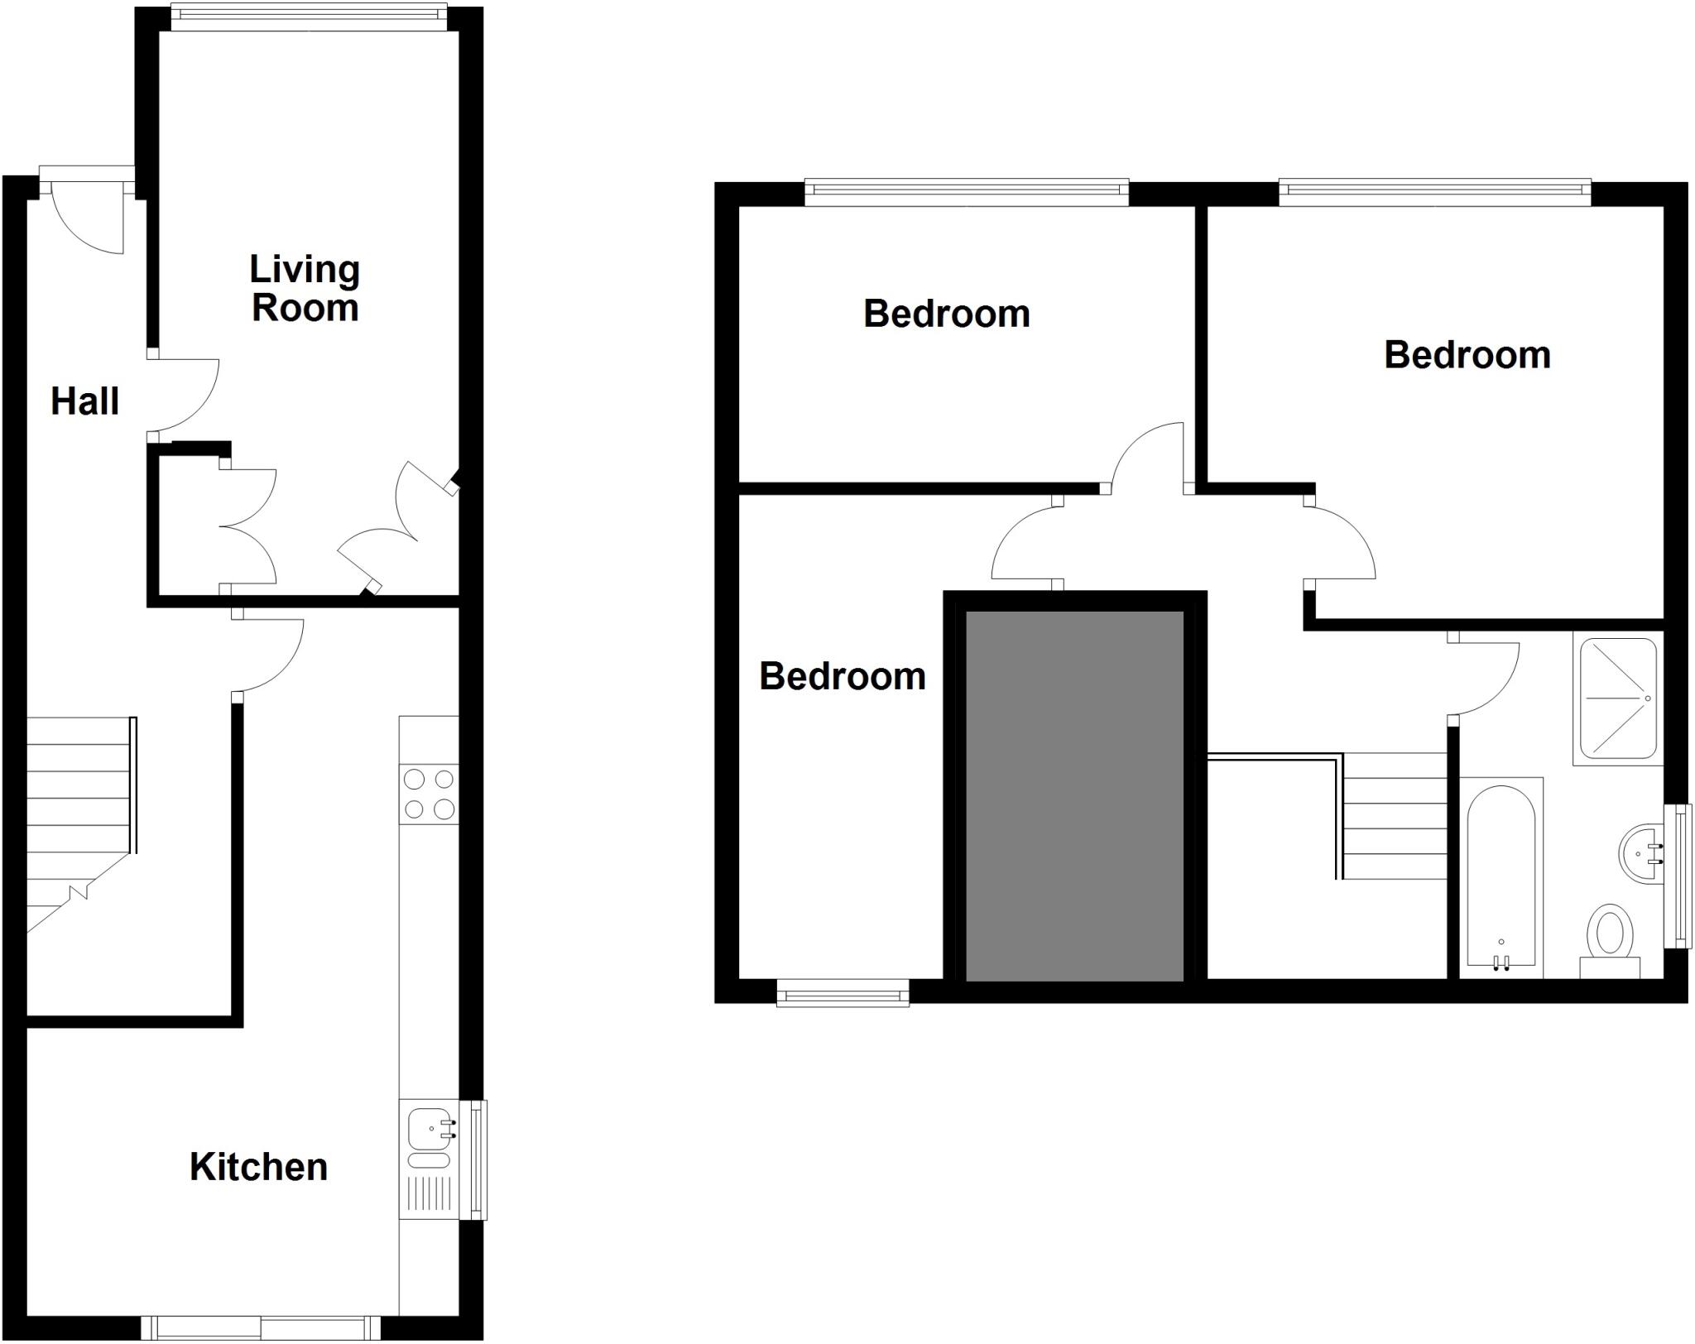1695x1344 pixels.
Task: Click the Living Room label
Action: [x=305, y=289]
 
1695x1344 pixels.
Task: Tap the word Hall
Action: [x=84, y=401]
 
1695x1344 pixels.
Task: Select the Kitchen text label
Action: [x=258, y=1167]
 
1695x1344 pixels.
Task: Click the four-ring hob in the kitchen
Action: [x=429, y=794]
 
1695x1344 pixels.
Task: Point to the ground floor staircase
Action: [x=79, y=819]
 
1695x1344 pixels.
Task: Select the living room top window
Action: [x=308, y=17]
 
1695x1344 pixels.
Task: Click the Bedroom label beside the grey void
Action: [x=842, y=677]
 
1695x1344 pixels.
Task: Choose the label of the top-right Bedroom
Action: [x=1467, y=355]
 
